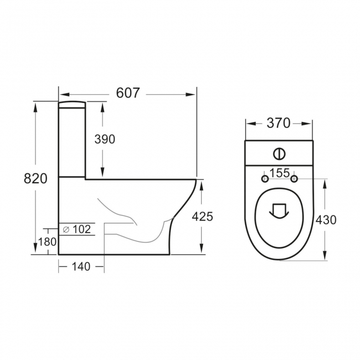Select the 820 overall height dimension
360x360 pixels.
[x=35, y=178]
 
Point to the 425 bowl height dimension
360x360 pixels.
[x=202, y=217]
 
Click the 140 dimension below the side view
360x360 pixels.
[x=81, y=267]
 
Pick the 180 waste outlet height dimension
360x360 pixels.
[x=47, y=242]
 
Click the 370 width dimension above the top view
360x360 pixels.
[x=279, y=123]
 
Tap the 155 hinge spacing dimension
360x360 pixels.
[x=279, y=173]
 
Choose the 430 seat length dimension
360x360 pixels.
[x=326, y=220]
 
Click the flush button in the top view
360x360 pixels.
[x=279, y=153]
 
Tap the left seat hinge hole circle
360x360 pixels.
[x=265, y=178]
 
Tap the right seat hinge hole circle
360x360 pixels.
[x=294, y=178]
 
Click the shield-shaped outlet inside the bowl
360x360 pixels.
[x=279, y=211]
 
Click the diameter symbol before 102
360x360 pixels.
[x=66, y=228]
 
